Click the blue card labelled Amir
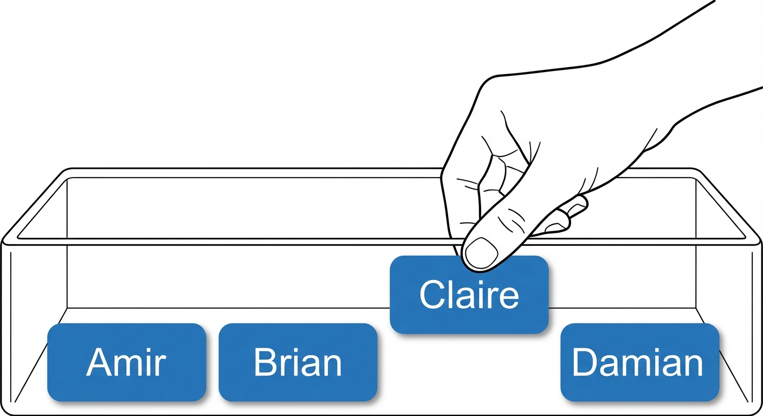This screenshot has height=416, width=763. [x=126, y=362]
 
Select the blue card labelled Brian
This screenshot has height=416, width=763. [x=298, y=362]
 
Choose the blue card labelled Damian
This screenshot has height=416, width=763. [x=639, y=362]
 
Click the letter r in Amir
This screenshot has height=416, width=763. [x=159, y=366]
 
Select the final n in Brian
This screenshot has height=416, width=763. [x=332, y=366]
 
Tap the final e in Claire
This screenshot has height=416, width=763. [x=508, y=298]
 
